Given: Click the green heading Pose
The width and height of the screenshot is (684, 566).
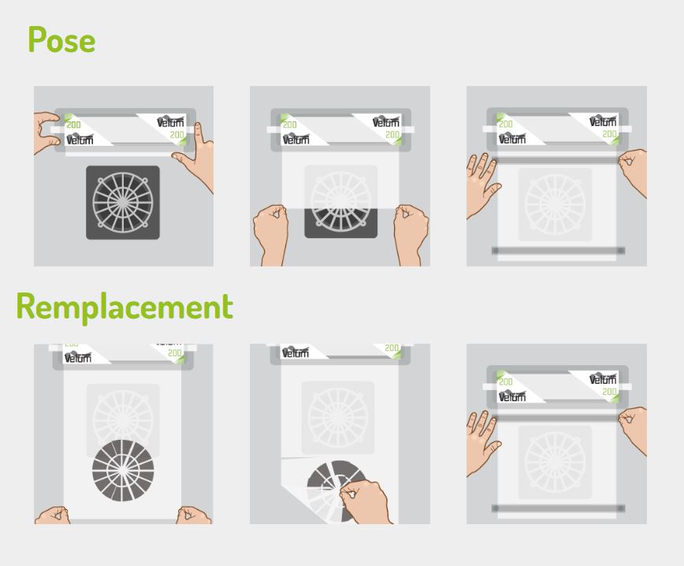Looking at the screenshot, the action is coord(61,39).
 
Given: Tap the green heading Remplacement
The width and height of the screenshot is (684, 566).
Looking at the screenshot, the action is coord(125,307).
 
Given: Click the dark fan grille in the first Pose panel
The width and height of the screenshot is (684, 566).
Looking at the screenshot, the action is coord(123,203).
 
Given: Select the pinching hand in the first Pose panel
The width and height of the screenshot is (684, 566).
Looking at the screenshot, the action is coord(46,132).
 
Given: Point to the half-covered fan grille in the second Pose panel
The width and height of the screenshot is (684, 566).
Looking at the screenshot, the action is coord(340,202).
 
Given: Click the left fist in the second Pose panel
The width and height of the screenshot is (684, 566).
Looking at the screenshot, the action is coord(270,235).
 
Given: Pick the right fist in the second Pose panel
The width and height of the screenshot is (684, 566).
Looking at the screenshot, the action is coord(411,235).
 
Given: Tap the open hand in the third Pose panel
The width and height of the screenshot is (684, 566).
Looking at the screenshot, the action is coord(481,184).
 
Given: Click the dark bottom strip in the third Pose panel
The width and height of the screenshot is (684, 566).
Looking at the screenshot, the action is coord(559,251).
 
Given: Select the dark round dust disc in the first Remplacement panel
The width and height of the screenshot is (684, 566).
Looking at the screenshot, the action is coord(123,470).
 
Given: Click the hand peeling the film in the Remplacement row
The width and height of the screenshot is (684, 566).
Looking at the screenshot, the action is coord(366,502).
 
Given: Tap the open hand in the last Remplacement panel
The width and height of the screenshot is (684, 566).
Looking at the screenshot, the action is coord(481,442).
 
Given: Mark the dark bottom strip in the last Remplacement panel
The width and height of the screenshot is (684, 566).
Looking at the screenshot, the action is coord(559,508).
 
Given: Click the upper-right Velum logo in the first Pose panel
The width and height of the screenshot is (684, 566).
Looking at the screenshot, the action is coord(170,121).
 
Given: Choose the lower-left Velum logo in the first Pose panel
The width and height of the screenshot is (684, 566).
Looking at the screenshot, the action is coord(80,139).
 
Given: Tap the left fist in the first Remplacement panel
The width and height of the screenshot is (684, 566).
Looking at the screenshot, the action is coord(53,516).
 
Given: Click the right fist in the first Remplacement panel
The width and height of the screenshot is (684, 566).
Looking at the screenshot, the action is coord(193,516).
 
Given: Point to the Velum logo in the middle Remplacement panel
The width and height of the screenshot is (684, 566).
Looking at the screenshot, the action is coord(296,352).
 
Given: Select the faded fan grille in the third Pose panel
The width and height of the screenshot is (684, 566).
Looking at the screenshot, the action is coord(555,204).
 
